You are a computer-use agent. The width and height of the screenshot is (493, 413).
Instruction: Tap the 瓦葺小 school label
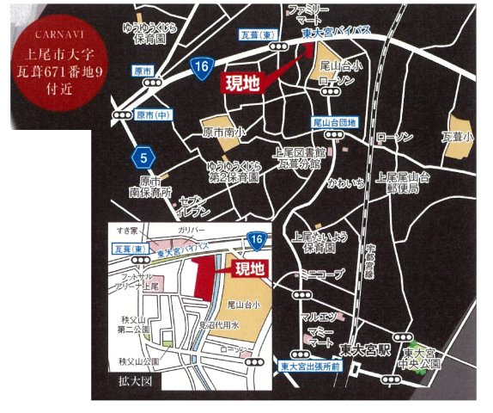(458, 136)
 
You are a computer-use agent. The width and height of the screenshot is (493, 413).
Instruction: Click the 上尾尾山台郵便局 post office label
(402, 182)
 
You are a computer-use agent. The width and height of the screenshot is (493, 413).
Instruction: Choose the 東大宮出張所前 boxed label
(310, 367)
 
